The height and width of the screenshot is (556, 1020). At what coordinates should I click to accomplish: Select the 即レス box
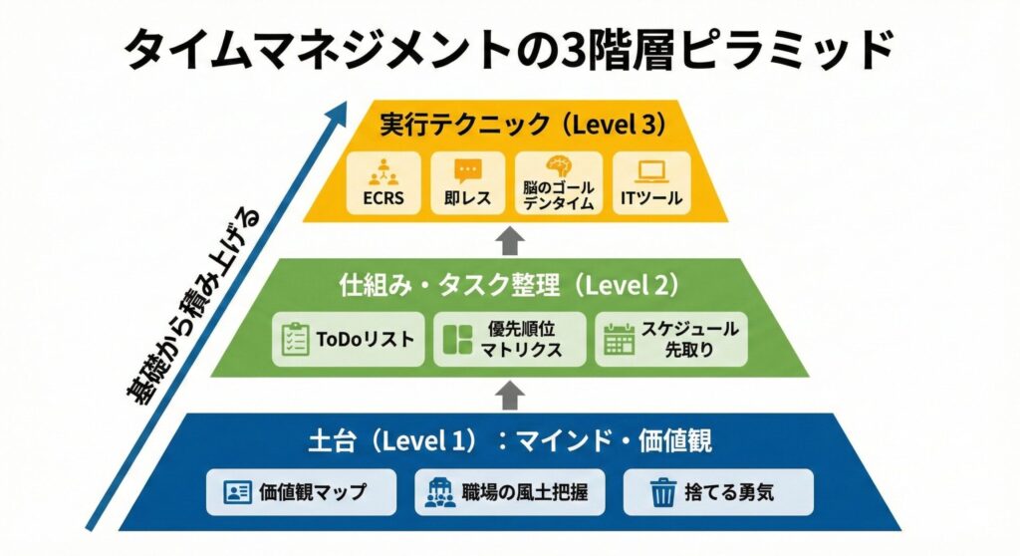(466, 183)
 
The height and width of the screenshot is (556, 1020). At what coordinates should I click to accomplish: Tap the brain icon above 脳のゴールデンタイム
(558, 166)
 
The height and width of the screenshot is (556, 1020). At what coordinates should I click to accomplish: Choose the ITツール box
(651, 183)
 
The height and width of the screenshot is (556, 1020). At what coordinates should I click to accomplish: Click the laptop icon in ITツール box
(651, 170)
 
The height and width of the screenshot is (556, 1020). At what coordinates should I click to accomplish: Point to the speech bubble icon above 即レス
(466, 169)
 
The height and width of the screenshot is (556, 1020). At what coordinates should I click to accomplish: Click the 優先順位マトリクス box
(509, 339)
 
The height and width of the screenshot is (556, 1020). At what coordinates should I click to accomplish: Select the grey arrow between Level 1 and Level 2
(509, 395)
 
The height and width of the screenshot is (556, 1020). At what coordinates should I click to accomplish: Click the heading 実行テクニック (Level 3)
(509, 124)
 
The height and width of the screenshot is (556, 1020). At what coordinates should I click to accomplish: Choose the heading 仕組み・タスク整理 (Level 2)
(509, 285)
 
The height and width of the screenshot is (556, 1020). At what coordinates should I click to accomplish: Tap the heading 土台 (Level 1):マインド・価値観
(509, 439)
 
